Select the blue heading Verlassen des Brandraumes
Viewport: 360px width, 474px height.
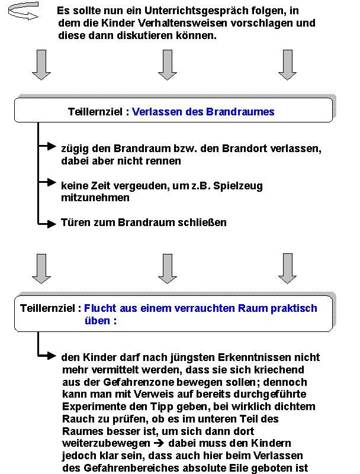[203, 111]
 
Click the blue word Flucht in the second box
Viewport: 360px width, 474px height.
[98, 308]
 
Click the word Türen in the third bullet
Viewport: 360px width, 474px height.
[73, 223]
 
